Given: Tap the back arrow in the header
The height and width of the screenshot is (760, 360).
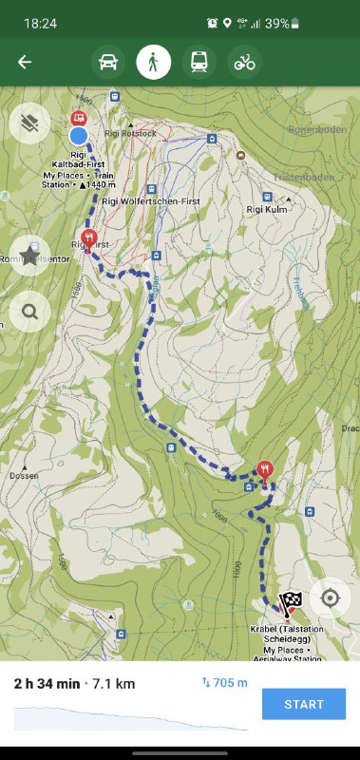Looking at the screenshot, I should [x=25, y=63].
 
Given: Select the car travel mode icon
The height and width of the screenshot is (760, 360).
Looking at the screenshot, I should [x=108, y=63].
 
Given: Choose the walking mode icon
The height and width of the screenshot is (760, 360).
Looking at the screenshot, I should [x=153, y=63].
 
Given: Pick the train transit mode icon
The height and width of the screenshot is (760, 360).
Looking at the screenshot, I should [x=199, y=63].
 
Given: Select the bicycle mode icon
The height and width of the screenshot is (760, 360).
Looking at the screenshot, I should [x=245, y=63].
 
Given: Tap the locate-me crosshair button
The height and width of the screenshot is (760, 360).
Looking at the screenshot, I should [x=330, y=598].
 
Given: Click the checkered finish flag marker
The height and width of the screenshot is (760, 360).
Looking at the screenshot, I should [x=290, y=602].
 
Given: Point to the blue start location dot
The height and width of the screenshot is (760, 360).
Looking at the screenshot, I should [x=79, y=137].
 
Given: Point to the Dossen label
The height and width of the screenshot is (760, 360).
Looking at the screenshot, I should [x=24, y=474].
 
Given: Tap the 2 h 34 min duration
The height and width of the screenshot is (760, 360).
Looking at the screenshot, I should [x=46, y=684].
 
